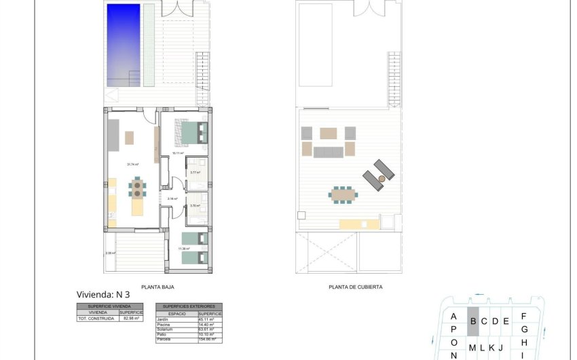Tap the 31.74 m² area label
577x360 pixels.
132,164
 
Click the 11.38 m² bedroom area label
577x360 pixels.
183,249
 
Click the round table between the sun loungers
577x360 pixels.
382,178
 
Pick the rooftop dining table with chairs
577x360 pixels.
342,195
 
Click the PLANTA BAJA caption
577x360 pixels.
154,287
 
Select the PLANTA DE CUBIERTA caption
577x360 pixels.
355,287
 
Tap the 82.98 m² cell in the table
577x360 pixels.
131,318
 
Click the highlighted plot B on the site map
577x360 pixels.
473,321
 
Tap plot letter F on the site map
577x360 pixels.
523,317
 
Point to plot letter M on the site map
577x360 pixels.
472,348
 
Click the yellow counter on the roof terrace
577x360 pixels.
359,223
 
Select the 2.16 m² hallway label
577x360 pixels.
172,199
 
